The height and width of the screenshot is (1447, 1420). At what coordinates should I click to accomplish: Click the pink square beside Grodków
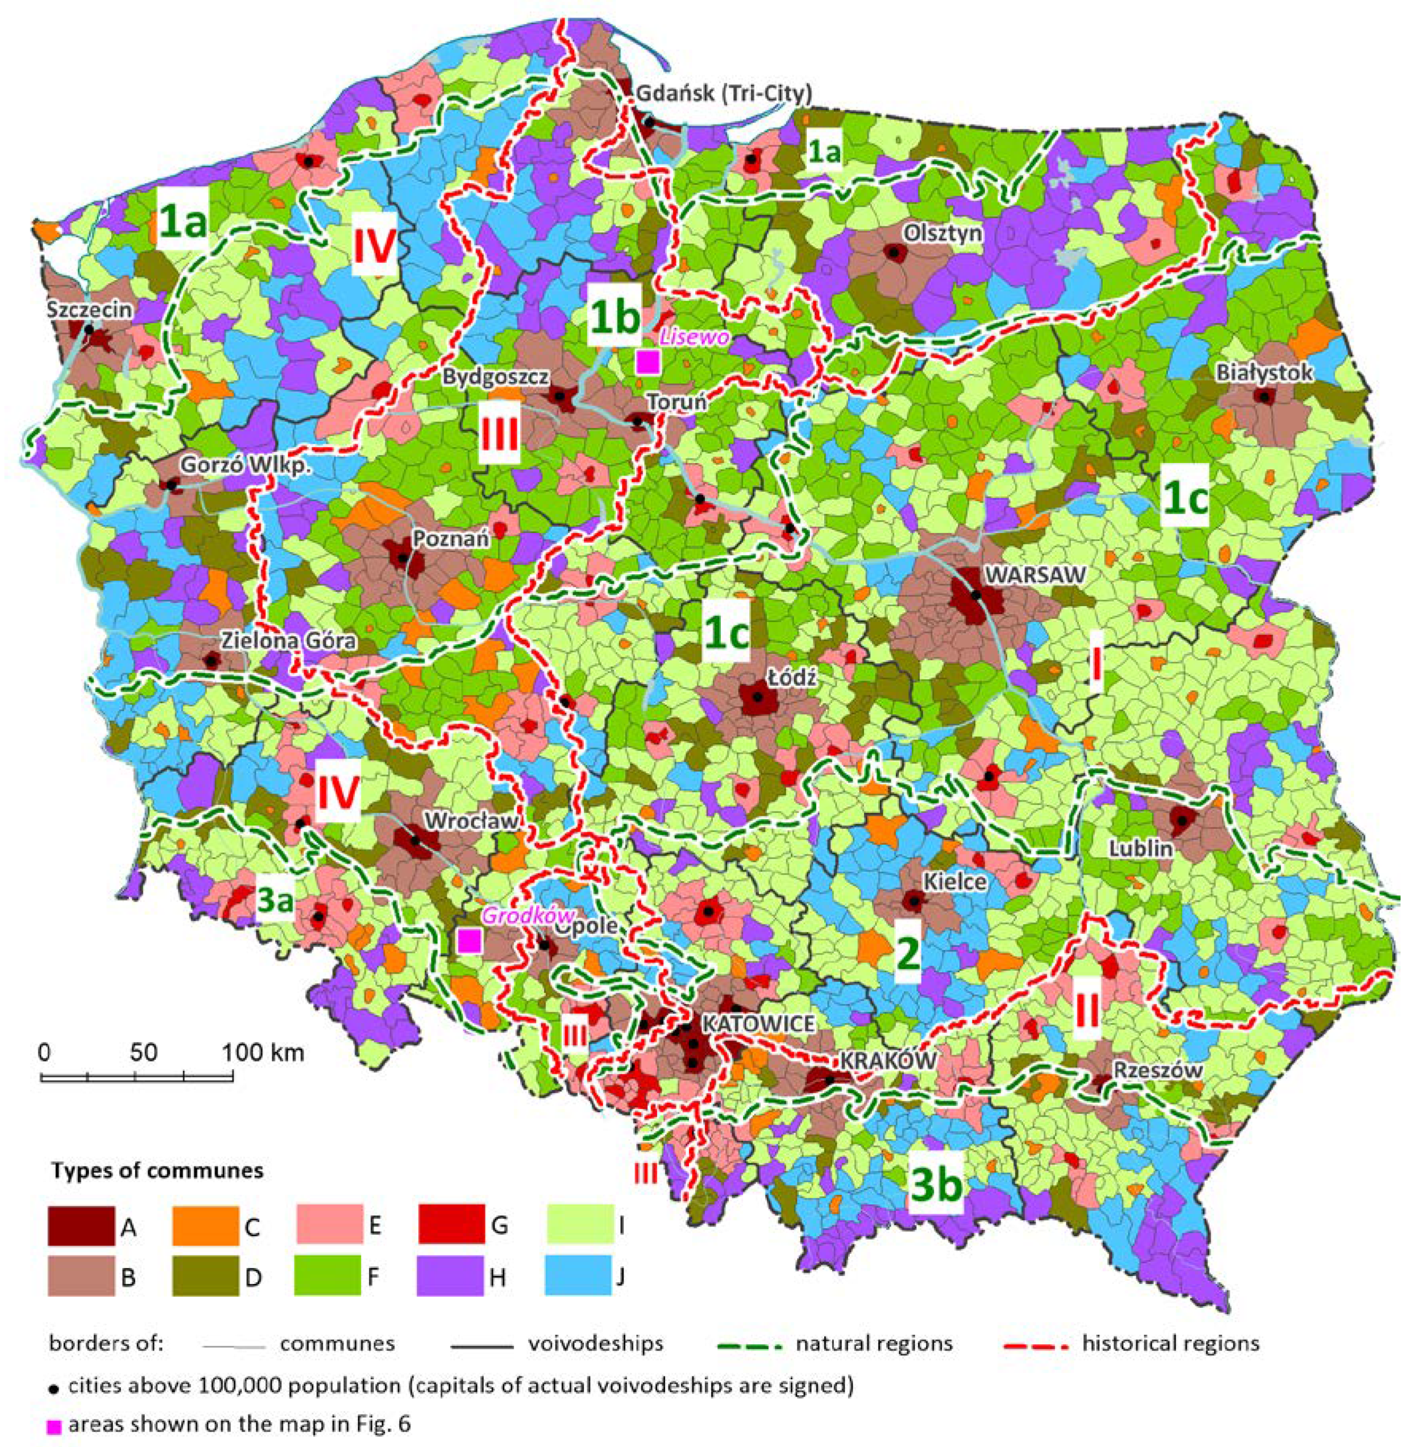tap(468, 941)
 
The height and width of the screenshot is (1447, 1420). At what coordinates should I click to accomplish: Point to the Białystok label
tap(1264, 372)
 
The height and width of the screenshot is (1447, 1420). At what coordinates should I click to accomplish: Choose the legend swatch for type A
tap(81, 1225)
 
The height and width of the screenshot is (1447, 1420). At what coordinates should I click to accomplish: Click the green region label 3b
tap(936, 1185)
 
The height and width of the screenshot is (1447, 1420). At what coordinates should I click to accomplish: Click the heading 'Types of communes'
tap(157, 1170)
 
